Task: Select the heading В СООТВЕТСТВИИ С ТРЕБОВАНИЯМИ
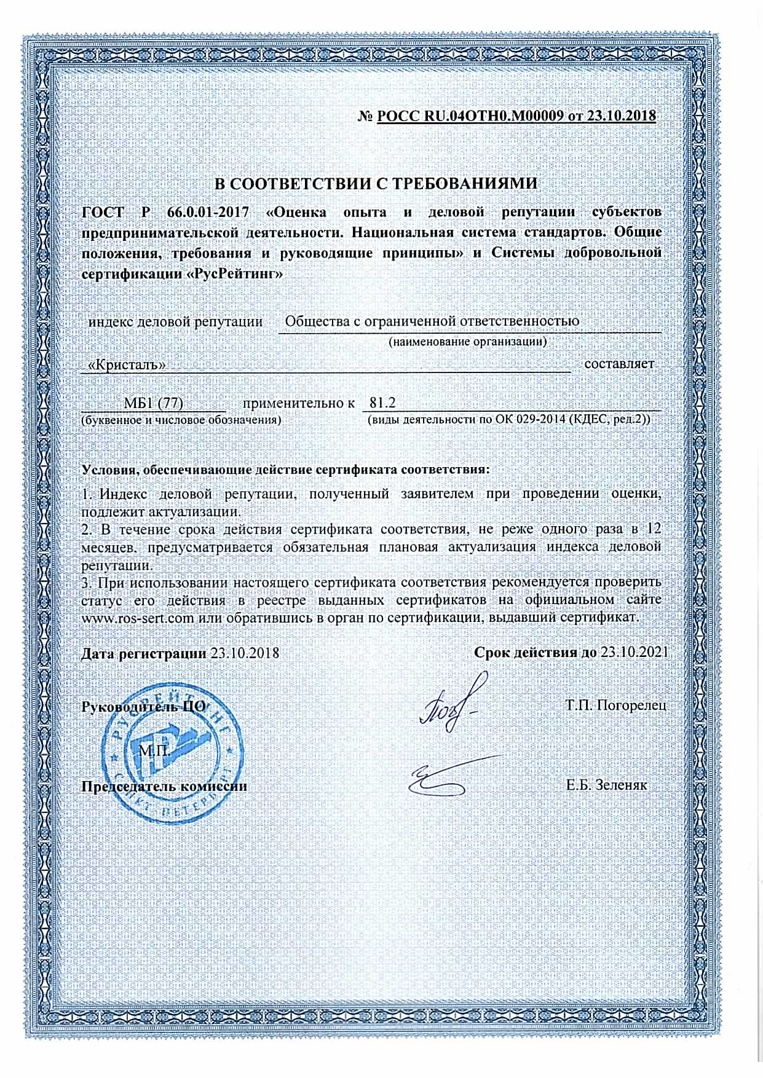click(375, 184)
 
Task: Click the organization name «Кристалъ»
click(127, 364)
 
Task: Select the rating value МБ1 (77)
click(154, 403)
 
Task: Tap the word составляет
click(619, 364)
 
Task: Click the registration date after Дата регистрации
click(245, 653)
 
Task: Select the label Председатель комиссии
click(165, 786)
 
